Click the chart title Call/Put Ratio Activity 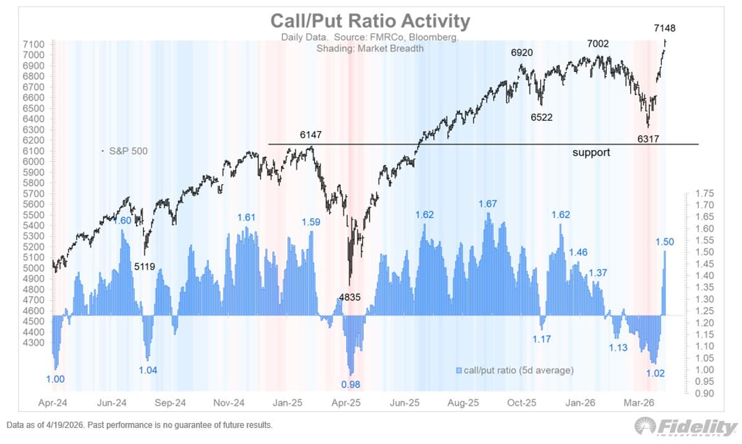click(370, 21)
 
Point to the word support click(591, 152)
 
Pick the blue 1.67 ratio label click(488, 204)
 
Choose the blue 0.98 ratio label click(351, 384)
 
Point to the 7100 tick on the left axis click(35, 45)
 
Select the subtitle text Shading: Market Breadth click(370, 48)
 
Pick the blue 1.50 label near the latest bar click(665, 242)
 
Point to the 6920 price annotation click(522, 53)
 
